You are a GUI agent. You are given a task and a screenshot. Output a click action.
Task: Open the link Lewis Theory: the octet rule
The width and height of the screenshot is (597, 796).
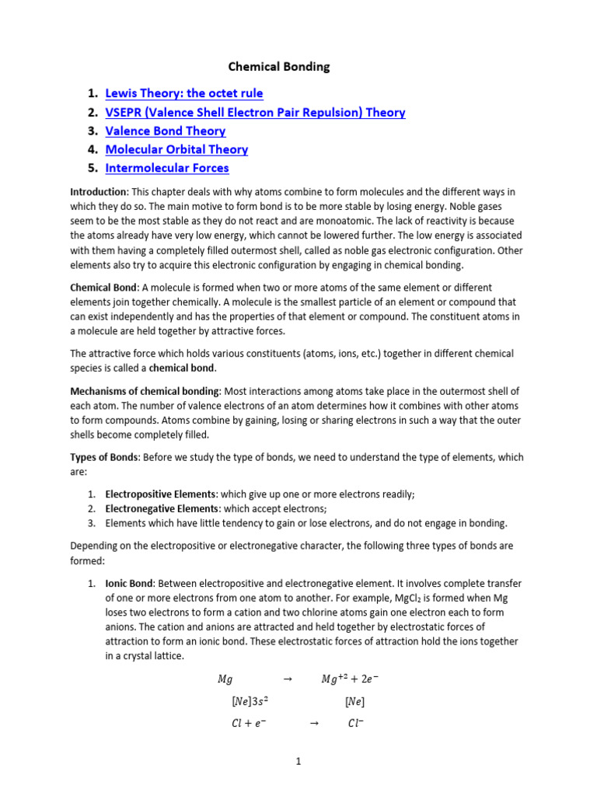pos(183,93)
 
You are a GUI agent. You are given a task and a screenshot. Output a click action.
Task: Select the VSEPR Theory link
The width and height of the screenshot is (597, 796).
pos(255,112)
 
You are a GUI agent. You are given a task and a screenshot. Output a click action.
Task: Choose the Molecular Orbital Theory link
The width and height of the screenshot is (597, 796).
pos(176,149)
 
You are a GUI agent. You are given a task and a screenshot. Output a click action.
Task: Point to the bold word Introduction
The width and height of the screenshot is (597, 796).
pos(99,191)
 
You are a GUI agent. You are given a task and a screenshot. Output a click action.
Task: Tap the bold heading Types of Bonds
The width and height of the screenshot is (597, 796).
pos(104,457)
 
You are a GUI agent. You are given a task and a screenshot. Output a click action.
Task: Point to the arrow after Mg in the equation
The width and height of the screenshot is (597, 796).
pos(287,679)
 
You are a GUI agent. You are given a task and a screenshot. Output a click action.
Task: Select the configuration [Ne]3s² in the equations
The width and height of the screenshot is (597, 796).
pos(250,701)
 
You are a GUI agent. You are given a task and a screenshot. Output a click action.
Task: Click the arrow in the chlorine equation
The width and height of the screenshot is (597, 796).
pos(314,724)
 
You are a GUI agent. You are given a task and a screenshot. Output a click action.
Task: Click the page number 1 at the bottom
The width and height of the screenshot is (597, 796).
pos(298,763)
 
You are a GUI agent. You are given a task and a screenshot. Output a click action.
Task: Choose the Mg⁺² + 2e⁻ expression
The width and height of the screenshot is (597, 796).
pos(350,679)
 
